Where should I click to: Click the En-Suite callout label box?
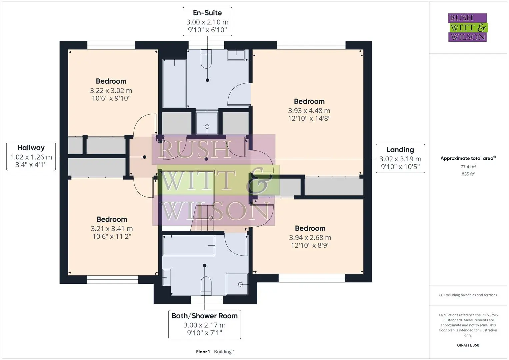click(207, 21)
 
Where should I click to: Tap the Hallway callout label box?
click(31, 156)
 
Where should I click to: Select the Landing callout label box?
click(400, 158)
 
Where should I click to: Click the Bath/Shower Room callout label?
click(205, 324)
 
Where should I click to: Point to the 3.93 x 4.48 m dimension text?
click(309, 111)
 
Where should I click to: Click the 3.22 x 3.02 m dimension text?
click(111, 91)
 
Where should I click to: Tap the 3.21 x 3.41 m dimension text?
click(112, 229)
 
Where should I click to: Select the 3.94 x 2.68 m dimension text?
click(310, 237)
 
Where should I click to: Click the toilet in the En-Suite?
click(206, 59)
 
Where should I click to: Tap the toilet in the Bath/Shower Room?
click(206, 286)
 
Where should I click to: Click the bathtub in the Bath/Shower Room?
click(189, 245)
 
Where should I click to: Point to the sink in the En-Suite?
click(236, 55)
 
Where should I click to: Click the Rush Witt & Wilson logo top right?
click(468, 27)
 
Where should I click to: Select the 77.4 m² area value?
click(468, 167)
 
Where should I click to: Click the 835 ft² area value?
click(468, 174)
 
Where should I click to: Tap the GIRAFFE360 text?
click(468, 345)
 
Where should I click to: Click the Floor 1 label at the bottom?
click(203, 352)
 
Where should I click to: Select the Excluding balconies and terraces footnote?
click(468, 295)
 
